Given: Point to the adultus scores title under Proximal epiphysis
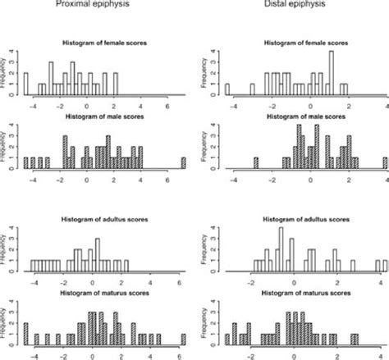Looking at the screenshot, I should click(103, 220).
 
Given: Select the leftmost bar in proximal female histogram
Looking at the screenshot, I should click(25, 84).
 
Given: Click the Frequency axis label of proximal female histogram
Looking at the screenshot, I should click(10, 72).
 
